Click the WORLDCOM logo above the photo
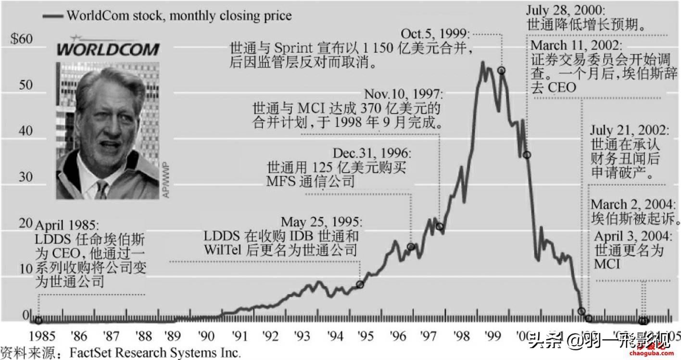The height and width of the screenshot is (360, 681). click(108, 49)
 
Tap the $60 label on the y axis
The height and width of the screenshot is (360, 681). click(22, 39)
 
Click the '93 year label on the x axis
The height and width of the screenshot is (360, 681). click(303, 335)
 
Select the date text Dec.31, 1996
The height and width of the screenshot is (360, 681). click(372, 154)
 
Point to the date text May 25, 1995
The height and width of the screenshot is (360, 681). click(320, 223)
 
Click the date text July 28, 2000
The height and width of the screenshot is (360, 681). click(565, 11)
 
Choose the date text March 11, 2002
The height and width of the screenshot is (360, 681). click(576, 47)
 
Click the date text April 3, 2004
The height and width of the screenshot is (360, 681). click(632, 237)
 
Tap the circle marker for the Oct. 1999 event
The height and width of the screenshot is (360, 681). click(501, 70)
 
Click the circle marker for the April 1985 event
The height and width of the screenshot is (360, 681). click(38, 321)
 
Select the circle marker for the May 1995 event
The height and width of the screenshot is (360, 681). click(360, 285)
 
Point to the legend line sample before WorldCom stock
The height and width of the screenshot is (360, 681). click(53, 16)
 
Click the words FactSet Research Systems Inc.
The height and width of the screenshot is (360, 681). click(154, 353)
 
